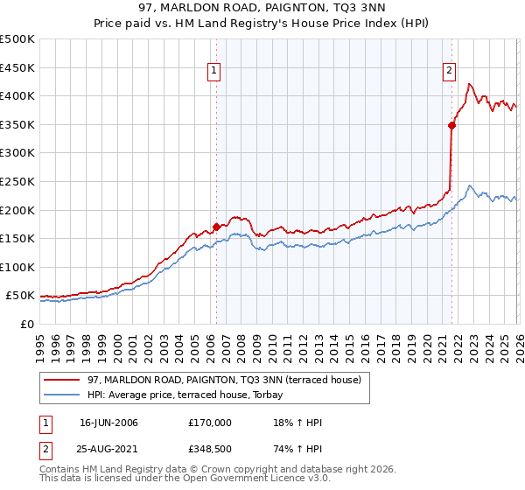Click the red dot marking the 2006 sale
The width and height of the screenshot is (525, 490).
(x=216, y=227)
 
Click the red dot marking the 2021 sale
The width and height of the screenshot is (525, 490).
(x=451, y=125)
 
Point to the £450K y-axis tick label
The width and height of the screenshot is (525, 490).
(x=17, y=67)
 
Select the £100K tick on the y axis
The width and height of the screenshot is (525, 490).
(x=17, y=267)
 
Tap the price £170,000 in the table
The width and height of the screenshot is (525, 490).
(x=210, y=423)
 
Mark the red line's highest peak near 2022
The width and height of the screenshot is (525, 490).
(x=470, y=84)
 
